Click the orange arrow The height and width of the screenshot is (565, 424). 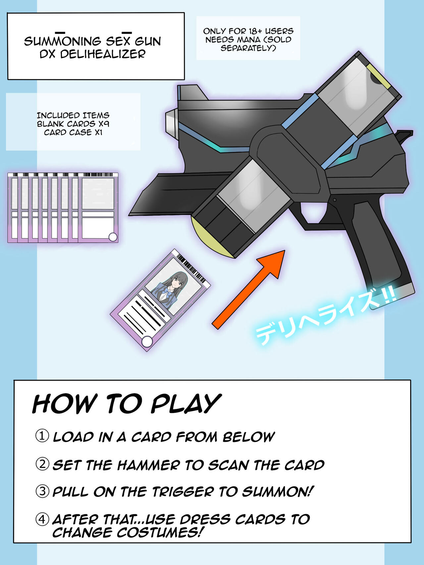click(248, 290)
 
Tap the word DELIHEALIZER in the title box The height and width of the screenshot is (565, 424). click(103, 54)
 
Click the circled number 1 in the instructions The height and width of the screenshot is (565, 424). click(42, 436)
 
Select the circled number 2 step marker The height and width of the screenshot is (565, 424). click(42, 464)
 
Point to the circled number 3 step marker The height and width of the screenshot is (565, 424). click(42, 491)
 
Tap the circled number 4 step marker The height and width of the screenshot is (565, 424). click(42, 519)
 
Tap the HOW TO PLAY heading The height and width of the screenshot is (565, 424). click(127, 403)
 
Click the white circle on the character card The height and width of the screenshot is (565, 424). click(147, 342)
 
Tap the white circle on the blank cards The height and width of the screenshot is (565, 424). click(113, 237)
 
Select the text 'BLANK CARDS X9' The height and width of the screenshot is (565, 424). click(73, 124)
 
